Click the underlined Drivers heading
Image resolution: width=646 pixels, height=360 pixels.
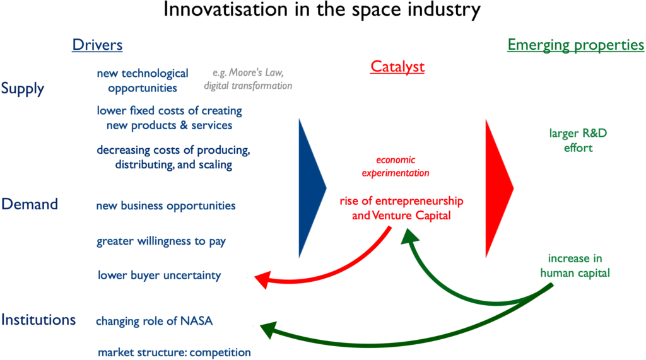click(x=97, y=45)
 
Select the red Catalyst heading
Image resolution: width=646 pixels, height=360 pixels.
click(x=397, y=66)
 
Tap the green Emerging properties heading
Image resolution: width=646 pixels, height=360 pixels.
click(x=575, y=45)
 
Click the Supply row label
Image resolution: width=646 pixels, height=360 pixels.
click(x=22, y=88)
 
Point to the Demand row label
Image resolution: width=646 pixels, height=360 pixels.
click(x=30, y=204)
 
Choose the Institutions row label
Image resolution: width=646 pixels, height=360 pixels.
click(x=38, y=320)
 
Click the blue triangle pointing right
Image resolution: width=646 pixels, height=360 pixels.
click(x=312, y=189)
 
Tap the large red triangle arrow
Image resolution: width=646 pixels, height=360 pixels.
click(x=500, y=189)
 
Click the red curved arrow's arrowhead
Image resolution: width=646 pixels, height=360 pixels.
click(x=263, y=279)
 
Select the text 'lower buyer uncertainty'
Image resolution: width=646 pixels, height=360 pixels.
click(x=159, y=275)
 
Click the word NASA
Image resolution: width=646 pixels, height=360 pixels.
click(x=196, y=321)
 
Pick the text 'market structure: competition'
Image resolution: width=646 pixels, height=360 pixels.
click(x=174, y=352)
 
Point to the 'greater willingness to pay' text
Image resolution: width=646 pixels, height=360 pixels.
click(x=161, y=241)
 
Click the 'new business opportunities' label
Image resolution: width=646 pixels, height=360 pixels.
click(x=166, y=206)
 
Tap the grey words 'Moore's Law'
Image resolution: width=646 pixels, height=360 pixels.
click(x=255, y=73)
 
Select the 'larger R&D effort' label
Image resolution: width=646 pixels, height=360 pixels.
click(x=578, y=141)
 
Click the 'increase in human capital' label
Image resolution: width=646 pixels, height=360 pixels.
click(x=575, y=265)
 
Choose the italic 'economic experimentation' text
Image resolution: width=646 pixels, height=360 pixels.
click(x=396, y=166)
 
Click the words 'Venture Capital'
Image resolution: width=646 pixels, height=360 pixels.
click(x=411, y=216)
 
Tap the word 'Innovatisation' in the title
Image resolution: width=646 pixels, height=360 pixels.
click(x=226, y=9)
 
